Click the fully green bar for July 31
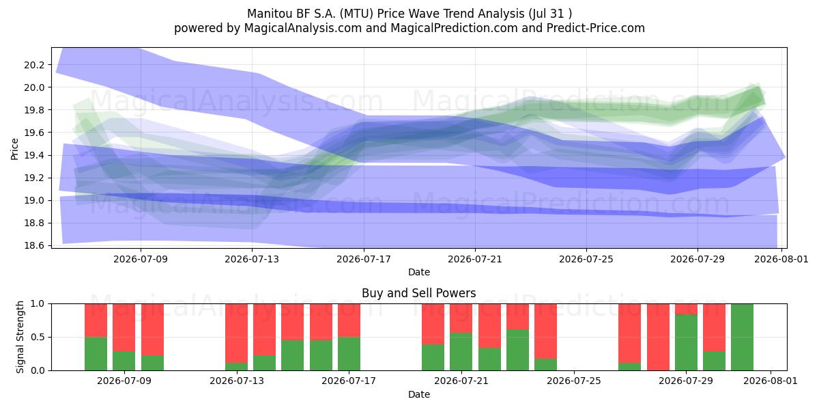point(742,337)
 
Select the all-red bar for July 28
point(658,337)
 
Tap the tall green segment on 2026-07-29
point(686,342)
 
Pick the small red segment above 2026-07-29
point(686,309)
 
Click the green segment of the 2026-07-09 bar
point(124,361)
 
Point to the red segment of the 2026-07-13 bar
point(236,333)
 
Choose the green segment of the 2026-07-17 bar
point(349,353)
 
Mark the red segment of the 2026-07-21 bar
point(461,318)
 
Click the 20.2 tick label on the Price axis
point(34,65)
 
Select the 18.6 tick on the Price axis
point(34,245)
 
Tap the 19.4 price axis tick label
point(34,156)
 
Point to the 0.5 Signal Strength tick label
point(38,337)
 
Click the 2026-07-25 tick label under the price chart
point(586,259)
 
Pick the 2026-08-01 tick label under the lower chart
point(771,381)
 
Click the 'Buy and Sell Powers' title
point(419,293)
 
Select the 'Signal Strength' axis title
point(20,337)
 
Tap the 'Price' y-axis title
point(14,149)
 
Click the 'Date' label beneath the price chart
point(419,272)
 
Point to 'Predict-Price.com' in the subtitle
point(596,28)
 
